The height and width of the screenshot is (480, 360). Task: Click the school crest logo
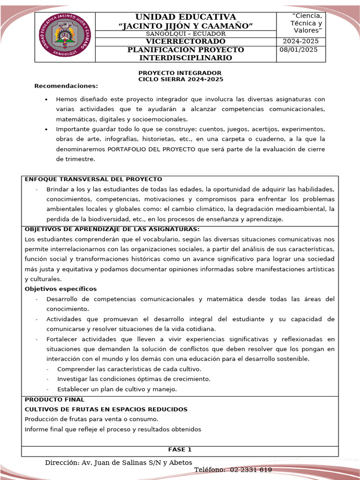(65, 37)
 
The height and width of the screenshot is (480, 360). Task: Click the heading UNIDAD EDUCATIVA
(186, 17)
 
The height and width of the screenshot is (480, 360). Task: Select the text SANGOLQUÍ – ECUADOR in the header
(186, 34)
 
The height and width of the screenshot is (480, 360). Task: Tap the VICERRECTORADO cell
(186, 41)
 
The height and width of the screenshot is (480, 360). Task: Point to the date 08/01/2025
(299, 50)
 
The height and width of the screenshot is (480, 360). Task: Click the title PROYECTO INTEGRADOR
(180, 73)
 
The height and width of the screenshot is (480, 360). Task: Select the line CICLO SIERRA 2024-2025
(180, 79)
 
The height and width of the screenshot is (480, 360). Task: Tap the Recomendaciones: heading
(66, 86)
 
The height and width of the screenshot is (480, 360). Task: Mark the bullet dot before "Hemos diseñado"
(46, 100)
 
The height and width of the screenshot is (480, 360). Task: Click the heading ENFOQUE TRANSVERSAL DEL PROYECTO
(93, 180)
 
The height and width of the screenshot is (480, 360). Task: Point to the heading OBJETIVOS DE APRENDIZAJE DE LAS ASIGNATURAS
(112, 229)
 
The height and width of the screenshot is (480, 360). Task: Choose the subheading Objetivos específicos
(60, 289)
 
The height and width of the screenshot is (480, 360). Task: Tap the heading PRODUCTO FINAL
(54, 399)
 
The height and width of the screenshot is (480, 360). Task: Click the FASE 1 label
(180, 450)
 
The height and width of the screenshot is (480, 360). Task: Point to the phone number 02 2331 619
(251, 470)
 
